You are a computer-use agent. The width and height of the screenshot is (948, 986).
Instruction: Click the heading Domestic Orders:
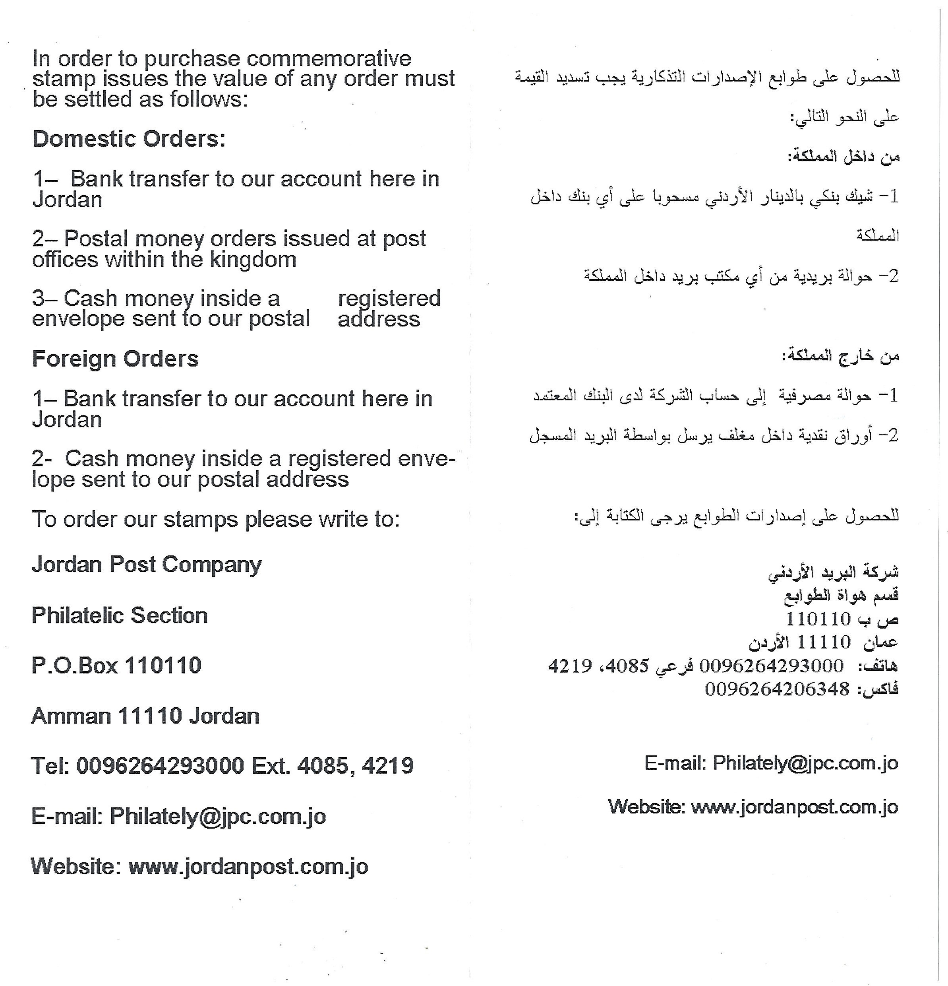tap(129, 139)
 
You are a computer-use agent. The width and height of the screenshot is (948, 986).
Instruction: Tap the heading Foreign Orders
tap(115, 359)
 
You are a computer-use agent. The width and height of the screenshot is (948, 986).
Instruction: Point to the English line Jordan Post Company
tap(146, 565)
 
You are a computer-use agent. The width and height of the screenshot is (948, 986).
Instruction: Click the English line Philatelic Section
tap(120, 615)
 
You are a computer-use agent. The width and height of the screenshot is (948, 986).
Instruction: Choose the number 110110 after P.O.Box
tap(163, 666)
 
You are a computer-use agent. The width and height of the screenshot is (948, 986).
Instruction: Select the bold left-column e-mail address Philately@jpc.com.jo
tap(218, 816)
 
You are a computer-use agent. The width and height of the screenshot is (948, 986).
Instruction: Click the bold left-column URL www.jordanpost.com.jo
tap(248, 866)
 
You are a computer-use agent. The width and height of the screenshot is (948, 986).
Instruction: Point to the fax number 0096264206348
tap(777, 689)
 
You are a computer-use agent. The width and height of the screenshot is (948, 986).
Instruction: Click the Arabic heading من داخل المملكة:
tap(844, 157)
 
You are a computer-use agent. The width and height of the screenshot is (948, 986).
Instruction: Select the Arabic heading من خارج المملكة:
tap(840, 356)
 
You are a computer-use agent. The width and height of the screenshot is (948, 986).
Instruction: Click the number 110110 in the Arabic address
tap(818, 618)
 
